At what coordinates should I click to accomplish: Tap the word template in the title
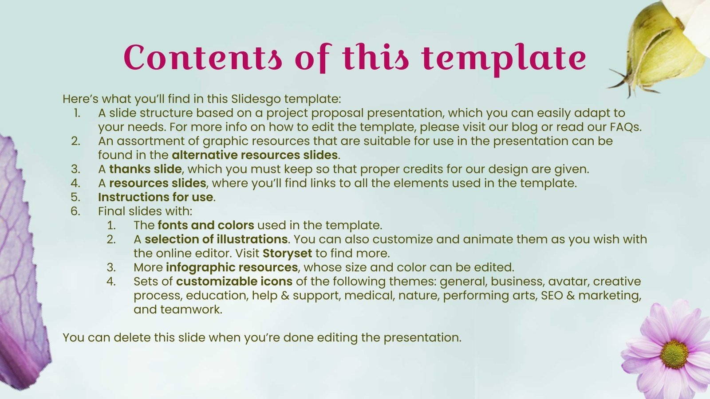pos(503,59)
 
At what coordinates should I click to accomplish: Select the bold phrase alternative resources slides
pos(255,155)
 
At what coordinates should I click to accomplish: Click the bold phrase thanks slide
pos(145,169)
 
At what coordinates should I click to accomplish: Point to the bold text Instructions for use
pos(155,197)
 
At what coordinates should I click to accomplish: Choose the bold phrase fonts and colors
pos(205,225)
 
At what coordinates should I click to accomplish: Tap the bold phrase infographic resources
pos(232,267)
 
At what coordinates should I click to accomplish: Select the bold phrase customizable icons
pos(234,282)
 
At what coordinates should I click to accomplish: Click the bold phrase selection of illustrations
pos(216,239)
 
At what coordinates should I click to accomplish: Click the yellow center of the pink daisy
pos(674,354)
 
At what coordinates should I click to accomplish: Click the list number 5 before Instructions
pos(75,197)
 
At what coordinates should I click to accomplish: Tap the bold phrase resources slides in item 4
pos(157,183)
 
